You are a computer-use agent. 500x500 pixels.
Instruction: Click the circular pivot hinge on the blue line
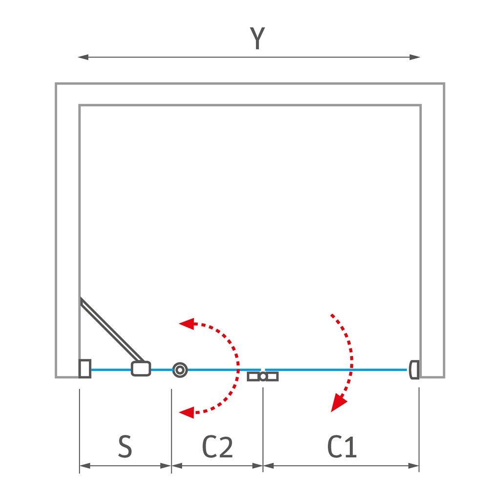(180, 370)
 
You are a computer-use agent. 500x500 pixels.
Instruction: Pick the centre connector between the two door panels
(263, 376)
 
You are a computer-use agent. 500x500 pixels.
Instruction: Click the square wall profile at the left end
(85, 369)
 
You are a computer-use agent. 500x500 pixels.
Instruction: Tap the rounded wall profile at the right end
(415, 370)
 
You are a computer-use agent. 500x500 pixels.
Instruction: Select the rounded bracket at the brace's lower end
(141, 369)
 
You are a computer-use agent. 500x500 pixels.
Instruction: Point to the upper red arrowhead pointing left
(186, 323)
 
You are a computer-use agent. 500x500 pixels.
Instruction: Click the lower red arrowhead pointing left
(186, 413)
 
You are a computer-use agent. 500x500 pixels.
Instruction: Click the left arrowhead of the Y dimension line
(83, 57)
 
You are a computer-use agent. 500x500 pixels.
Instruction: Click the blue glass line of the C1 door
(337, 370)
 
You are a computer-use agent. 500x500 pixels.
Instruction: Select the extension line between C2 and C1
(263, 430)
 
